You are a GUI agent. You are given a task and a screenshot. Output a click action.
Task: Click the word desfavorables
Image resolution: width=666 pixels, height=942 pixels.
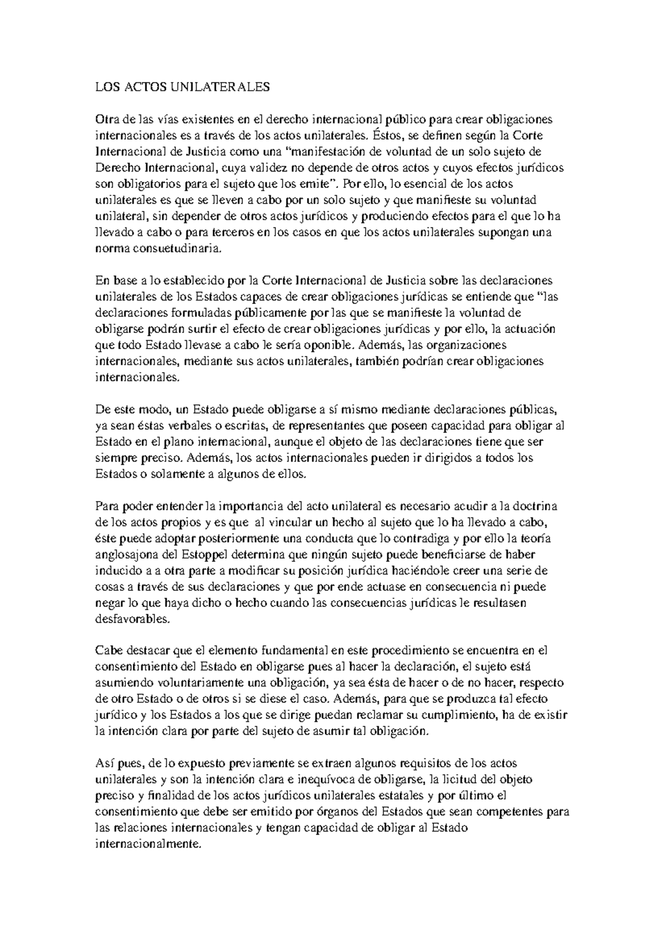pos(131,619)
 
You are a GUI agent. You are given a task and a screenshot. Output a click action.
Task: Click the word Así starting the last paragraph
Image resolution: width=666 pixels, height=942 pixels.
pos(105,764)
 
